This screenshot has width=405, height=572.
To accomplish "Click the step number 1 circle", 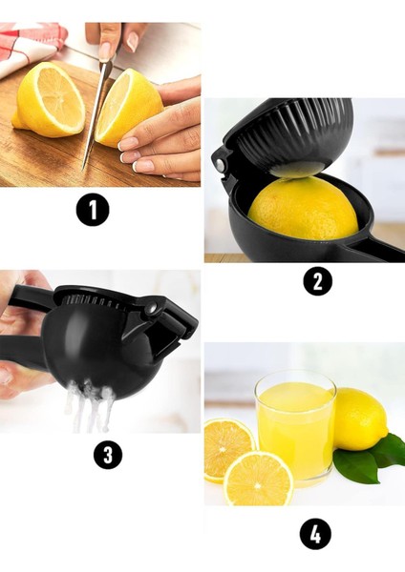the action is pyautogui.click(x=93, y=210).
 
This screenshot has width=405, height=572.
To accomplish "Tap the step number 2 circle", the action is pyautogui.click(x=318, y=281).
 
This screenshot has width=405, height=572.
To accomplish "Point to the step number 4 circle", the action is pyautogui.click(x=315, y=535).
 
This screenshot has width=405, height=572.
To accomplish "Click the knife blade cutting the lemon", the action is pyautogui.click(x=95, y=113).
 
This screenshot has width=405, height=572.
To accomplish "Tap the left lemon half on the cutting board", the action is pyautogui.click(x=49, y=99).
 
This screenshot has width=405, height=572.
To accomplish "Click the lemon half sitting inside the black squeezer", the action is pyautogui.click(x=303, y=208).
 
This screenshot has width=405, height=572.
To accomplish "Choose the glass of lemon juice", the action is pyautogui.click(x=295, y=429).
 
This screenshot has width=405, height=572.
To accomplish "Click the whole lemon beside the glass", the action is pyautogui.click(x=360, y=419).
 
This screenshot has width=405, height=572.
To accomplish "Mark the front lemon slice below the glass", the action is pyautogui.click(x=259, y=479).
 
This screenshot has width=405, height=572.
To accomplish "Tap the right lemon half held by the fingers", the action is pyautogui.click(x=128, y=108).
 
